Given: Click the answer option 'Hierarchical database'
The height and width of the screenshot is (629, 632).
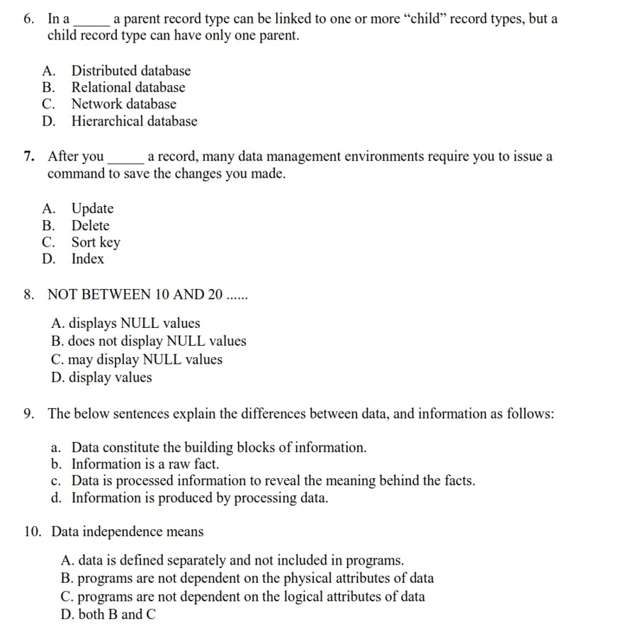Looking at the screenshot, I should click(x=134, y=121).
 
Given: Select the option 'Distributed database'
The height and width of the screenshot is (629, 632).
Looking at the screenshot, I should click(x=130, y=71).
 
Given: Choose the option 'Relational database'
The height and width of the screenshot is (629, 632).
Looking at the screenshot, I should click(x=128, y=88).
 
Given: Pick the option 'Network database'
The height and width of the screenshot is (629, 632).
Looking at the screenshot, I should click(x=123, y=104).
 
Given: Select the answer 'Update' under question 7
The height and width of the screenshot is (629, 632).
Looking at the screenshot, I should click(x=92, y=208).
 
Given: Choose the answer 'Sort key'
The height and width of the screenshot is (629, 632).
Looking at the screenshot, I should click(x=96, y=242).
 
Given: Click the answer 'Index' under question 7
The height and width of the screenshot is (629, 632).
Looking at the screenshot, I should click(x=87, y=259).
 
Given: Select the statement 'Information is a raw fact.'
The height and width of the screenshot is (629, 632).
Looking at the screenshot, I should click(x=145, y=465).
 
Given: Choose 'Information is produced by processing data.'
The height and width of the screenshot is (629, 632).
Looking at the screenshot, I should click(x=199, y=498).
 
